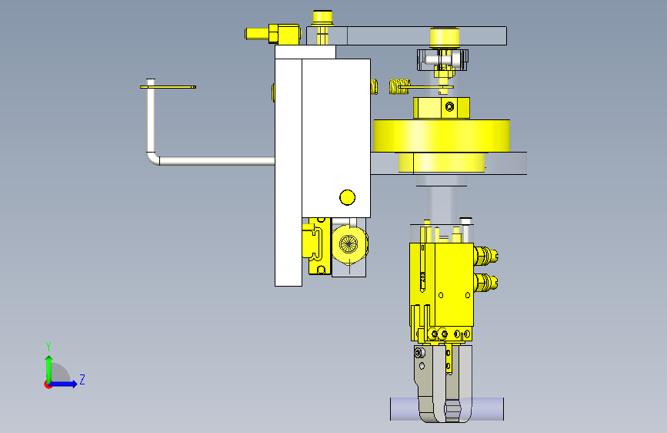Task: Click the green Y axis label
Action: (48, 346)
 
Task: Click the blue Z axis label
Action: (82, 379)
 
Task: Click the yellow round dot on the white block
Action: (347, 197)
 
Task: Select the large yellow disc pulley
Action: (442, 136)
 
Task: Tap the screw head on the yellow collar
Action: (449, 106)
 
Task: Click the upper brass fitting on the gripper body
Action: (485, 256)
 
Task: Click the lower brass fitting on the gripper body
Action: (485, 282)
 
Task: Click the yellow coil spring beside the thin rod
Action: (399, 86)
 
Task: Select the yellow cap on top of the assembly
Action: (322, 18)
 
